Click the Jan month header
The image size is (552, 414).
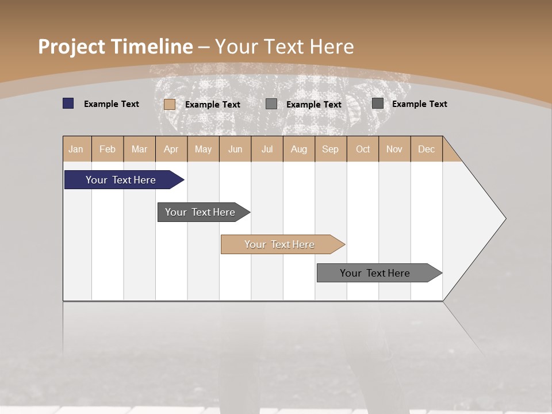coord(76,149)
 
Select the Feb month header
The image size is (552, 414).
coord(108,149)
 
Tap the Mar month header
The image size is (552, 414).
coord(139,149)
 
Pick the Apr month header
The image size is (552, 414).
coord(171,149)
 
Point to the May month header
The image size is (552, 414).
coord(203,149)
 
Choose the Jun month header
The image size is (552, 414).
coord(235,149)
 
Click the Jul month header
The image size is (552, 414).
coord(267,149)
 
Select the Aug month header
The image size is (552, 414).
coord(298,149)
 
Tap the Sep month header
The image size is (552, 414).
coord(330,149)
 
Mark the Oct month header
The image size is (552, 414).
coord(363,149)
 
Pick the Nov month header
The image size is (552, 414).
coord(394,149)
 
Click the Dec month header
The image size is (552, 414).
coord(426,149)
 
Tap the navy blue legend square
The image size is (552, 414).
coord(68,103)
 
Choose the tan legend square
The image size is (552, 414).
coord(170,104)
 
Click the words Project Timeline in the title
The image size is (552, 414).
coord(115,47)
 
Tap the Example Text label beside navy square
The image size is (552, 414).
coord(112,104)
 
